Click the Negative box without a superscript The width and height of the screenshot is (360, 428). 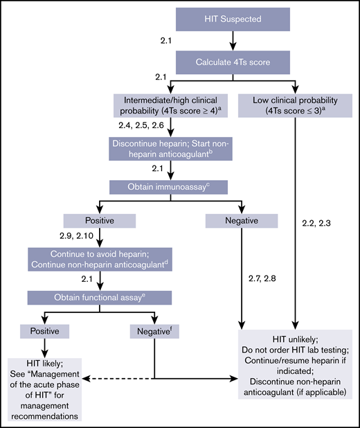point(241,221)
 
